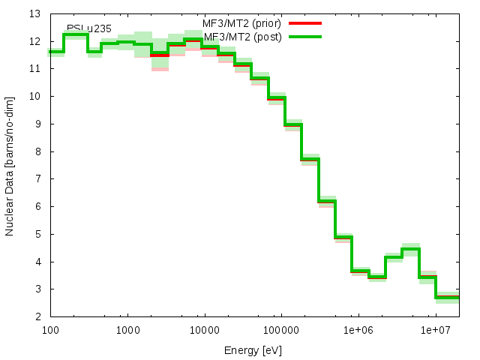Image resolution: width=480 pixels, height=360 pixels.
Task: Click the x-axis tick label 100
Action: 50,329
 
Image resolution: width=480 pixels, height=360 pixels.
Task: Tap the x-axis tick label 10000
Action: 205,329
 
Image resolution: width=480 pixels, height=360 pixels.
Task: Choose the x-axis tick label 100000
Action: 282,329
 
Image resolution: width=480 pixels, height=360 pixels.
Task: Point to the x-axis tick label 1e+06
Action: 358,329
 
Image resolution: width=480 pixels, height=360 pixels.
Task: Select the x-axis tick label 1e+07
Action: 436,329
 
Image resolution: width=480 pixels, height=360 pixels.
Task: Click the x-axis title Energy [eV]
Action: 254,349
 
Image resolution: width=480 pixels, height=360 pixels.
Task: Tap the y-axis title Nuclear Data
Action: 10,165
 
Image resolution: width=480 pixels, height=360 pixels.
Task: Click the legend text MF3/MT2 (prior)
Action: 241,23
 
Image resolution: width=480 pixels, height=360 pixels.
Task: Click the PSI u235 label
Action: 89,28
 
